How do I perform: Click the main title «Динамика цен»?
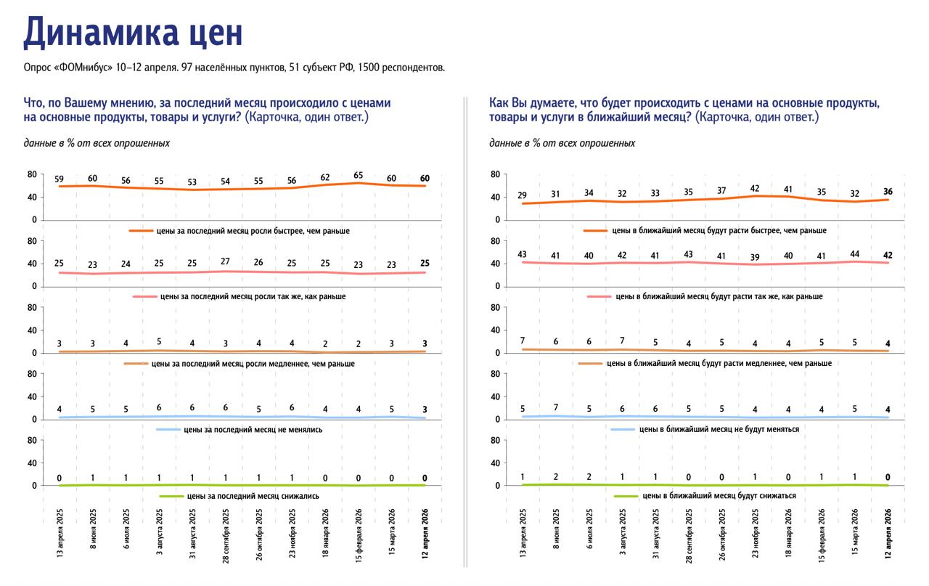tap(133, 33)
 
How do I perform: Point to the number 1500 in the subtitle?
tap(368, 68)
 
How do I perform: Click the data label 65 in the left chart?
tap(359, 176)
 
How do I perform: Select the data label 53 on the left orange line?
tap(192, 182)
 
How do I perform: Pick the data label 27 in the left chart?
tap(225, 261)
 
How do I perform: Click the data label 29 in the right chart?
tap(522, 195)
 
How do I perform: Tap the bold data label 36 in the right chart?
tap(888, 191)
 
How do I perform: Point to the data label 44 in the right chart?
tap(854, 253)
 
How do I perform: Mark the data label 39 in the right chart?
tap(755, 257)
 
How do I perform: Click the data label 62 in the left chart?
tap(325, 177)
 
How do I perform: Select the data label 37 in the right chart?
tap(721, 190)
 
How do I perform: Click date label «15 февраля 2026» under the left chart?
tap(359, 535)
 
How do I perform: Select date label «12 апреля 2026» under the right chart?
tap(888, 534)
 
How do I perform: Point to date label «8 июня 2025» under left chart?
tap(93, 529)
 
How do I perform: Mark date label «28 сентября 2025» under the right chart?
tap(689, 536)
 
